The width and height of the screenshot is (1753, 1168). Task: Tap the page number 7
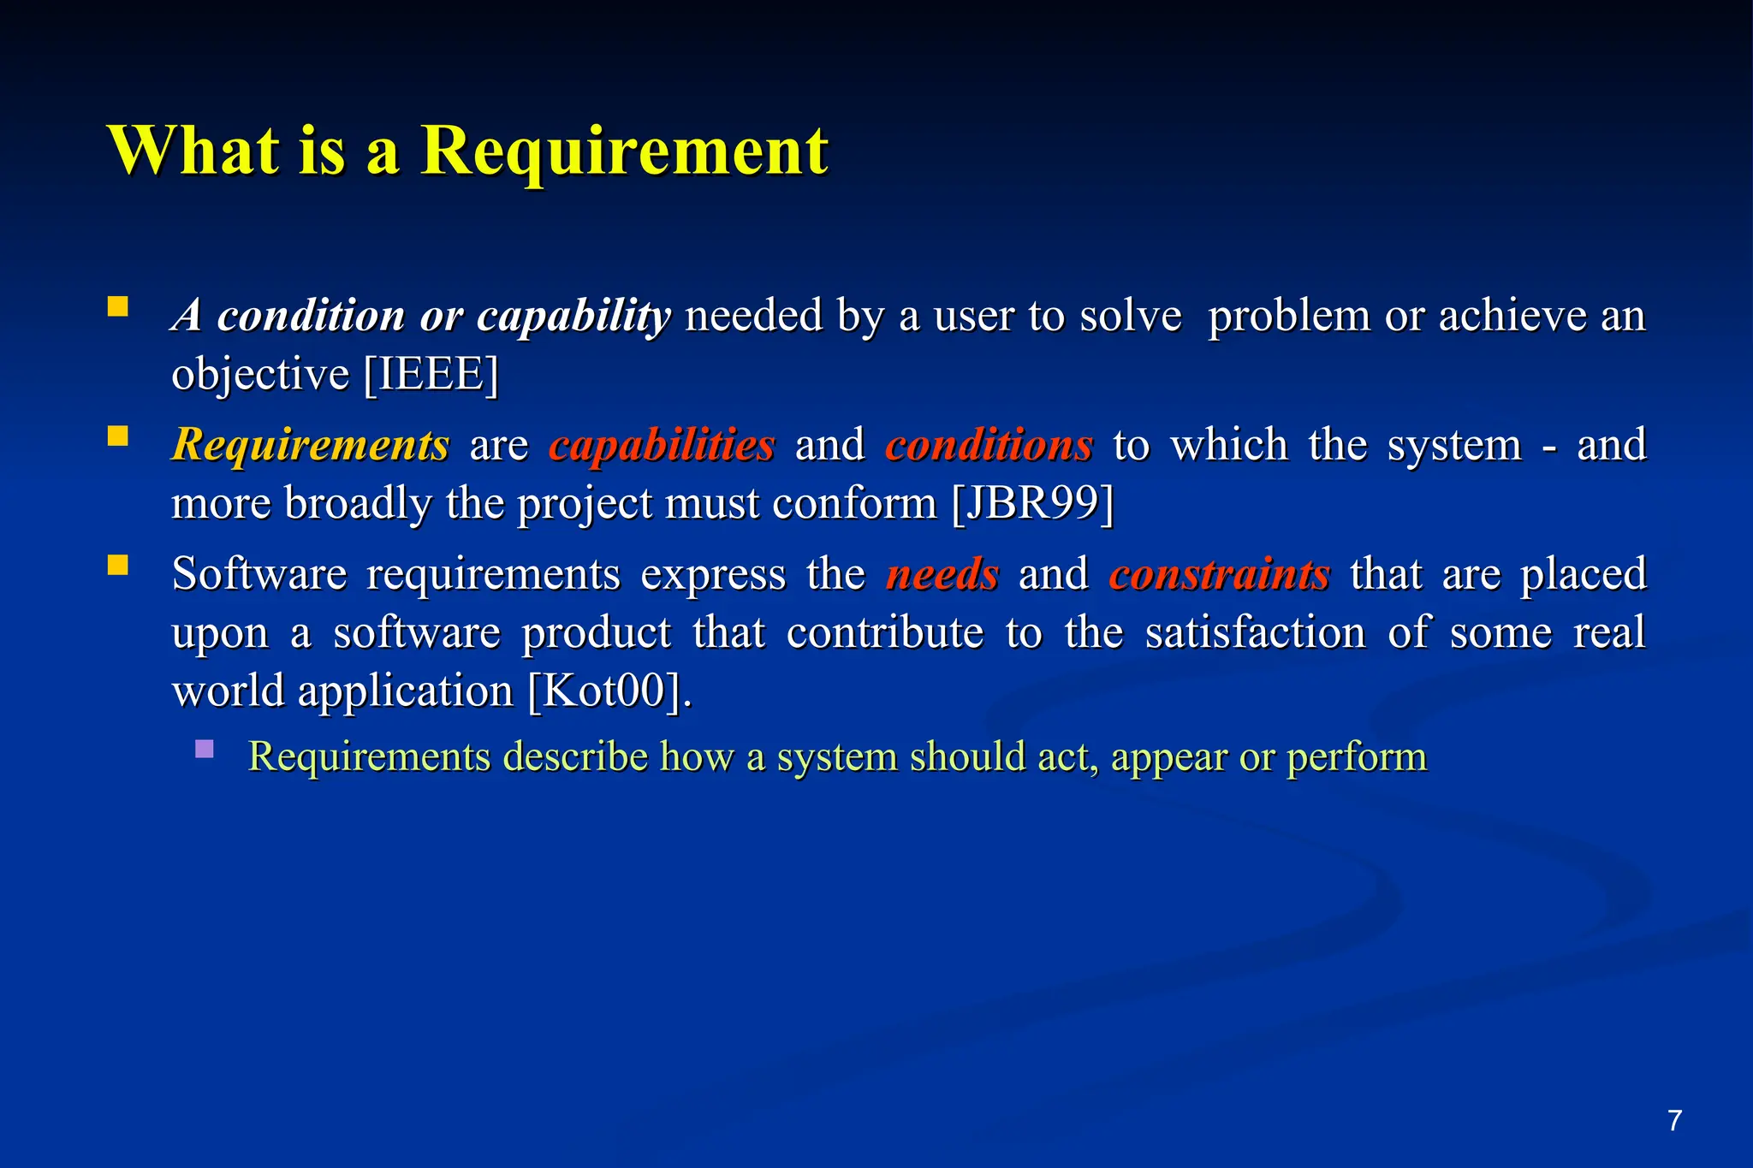[1674, 1120]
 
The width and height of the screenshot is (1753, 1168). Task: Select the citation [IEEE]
[431, 375]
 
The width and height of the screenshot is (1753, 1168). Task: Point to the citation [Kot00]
[608, 691]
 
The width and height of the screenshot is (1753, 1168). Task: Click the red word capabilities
[662, 445]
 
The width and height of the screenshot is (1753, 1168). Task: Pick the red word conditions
[989, 445]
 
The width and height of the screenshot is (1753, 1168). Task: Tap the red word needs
[942, 573]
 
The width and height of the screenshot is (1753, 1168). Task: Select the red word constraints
[1219, 573]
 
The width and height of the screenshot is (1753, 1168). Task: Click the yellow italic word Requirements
[310, 445]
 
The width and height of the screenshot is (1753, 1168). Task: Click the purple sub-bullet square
[204, 750]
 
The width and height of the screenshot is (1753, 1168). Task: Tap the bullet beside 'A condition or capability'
[118, 307]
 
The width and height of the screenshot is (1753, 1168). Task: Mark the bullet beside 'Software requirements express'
[118, 566]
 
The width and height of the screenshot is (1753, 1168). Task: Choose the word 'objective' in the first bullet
[260, 375]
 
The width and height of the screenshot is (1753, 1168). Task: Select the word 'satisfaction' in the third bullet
[1255, 633]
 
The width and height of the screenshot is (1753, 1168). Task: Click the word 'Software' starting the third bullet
[258, 573]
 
